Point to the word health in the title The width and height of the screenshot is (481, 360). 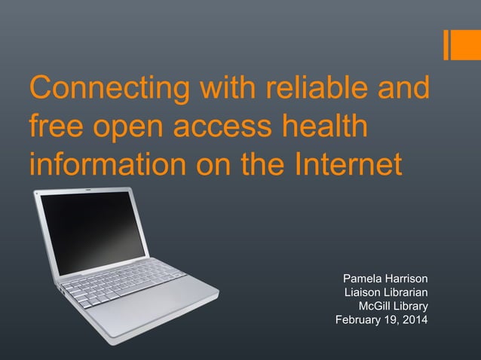click(x=325, y=127)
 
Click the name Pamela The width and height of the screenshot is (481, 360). click(x=364, y=279)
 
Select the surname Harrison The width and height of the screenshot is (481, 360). click(x=407, y=279)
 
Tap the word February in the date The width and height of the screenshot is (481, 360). click(x=358, y=319)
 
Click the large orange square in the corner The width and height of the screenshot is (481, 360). click(x=467, y=44)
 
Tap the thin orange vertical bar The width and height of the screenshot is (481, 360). click(x=446, y=44)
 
